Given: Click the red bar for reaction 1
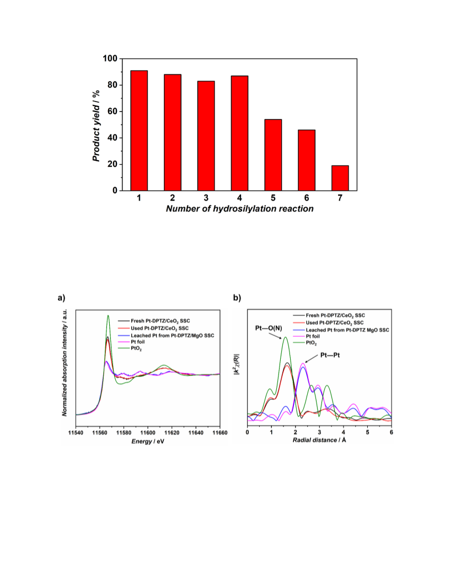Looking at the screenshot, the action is click(x=139, y=130).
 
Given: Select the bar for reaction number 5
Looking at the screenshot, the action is click(x=273, y=155).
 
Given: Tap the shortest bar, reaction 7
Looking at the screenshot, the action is click(x=340, y=178).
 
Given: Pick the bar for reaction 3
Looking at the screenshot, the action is click(x=206, y=136).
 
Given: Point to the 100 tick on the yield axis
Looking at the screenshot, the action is click(x=110, y=59).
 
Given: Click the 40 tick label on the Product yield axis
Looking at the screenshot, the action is click(x=113, y=138).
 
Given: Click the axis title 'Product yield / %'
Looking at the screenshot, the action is click(x=96, y=126).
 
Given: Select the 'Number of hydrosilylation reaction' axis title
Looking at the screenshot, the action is click(x=239, y=209).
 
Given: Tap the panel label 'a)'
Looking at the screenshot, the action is click(x=61, y=298).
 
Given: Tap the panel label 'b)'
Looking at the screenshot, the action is click(x=237, y=298).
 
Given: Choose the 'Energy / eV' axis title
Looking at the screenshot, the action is click(x=148, y=441).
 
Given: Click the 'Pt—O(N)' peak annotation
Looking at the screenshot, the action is click(x=269, y=328).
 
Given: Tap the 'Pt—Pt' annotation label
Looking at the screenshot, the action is click(x=330, y=356).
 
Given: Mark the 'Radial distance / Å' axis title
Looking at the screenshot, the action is click(x=319, y=440).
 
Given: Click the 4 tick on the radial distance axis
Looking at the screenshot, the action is click(x=344, y=432).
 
